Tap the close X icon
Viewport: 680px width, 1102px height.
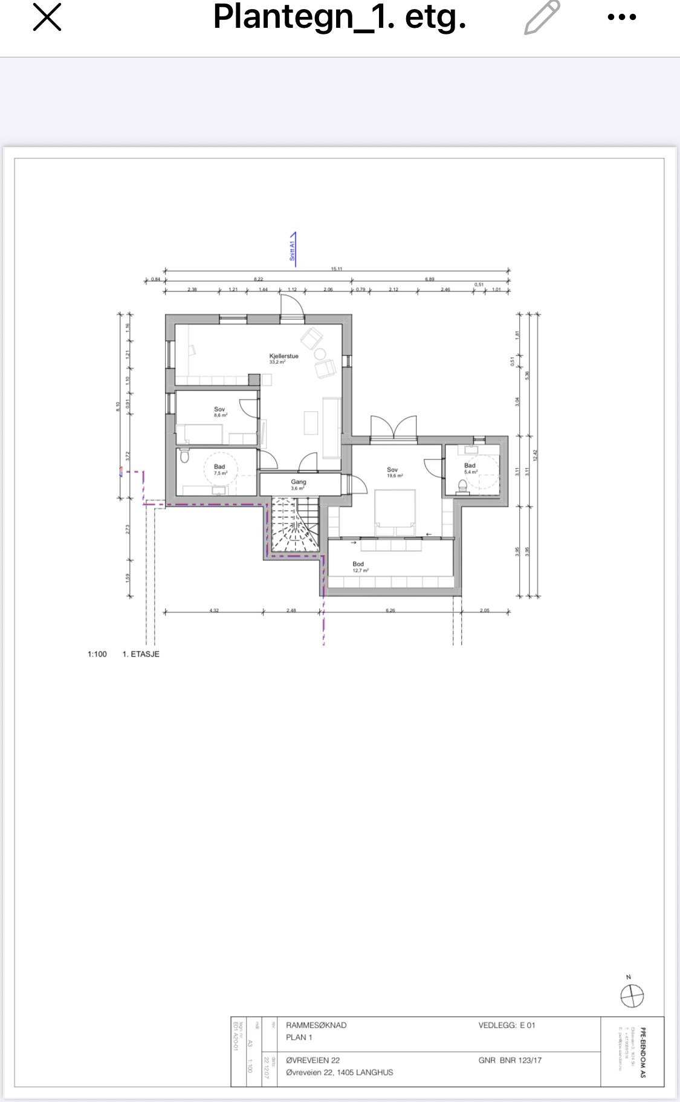click(x=47, y=17)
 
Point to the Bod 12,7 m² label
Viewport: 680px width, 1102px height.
click(x=359, y=566)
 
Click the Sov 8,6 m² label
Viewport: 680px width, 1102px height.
click(x=219, y=412)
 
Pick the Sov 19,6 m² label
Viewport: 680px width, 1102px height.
click(x=393, y=472)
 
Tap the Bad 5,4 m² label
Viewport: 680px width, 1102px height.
click(x=470, y=468)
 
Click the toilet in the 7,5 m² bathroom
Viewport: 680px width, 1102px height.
click(x=184, y=456)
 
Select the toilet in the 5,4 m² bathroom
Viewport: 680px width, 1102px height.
click(x=463, y=485)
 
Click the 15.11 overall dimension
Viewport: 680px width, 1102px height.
click(x=337, y=269)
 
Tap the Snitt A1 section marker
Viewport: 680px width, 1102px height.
click(x=293, y=248)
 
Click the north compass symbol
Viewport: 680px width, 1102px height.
click(x=632, y=994)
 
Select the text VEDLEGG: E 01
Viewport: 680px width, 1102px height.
click(x=507, y=1025)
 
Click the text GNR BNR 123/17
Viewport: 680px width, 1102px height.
click(x=510, y=1060)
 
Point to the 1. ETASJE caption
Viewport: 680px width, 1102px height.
click(x=141, y=654)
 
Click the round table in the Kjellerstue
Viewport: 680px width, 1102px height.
click(x=320, y=354)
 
